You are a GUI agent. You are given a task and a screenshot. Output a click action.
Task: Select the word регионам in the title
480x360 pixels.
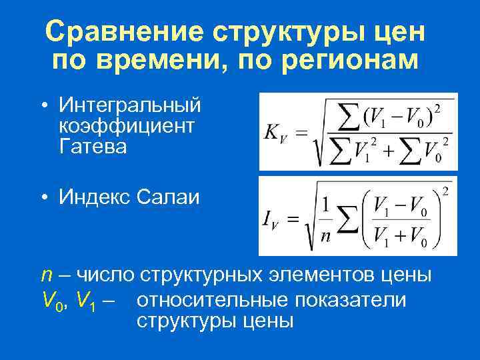click(x=353, y=61)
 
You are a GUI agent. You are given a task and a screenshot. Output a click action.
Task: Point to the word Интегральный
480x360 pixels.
click(x=129, y=105)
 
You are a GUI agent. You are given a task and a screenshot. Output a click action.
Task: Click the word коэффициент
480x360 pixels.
click(x=127, y=126)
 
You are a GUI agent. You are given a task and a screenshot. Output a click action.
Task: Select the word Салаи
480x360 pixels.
click(x=169, y=197)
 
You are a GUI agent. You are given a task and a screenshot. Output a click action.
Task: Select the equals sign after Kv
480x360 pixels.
click(x=302, y=133)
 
